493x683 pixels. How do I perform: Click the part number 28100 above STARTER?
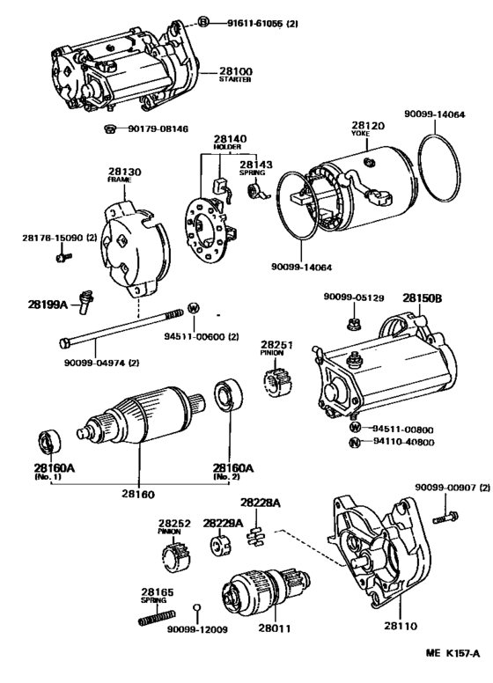pyautogui.click(x=236, y=71)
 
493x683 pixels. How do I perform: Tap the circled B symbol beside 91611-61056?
pyautogui.click(x=203, y=22)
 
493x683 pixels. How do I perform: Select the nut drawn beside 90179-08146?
pyautogui.click(x=110, y=129)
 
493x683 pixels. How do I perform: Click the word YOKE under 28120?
pyautogui.click(x=360, y=134)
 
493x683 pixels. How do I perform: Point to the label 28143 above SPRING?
pyautogui.click(x=256, y=165)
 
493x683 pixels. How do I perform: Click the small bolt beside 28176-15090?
pyautogui.click(x=63, y=256)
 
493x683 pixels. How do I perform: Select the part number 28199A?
pyautogui.click(x=48, y=305)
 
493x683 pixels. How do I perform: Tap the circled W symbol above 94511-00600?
pyautogui.click(x=194, y=308)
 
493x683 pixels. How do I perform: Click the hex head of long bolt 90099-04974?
pyautogui.click(x=64, y=343)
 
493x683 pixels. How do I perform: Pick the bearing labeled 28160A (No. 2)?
pyautogui.click(x=230, y=395)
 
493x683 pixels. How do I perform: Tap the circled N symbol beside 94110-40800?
pyautogui.click(x=356, y=443)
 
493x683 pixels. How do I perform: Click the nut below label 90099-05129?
pyautogui.click(x=353, y=324)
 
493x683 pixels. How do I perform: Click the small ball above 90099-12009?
pyautogui.click(x=197, y=607)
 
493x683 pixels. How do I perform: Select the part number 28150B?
pyautogui.click(x=422, y=298)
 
